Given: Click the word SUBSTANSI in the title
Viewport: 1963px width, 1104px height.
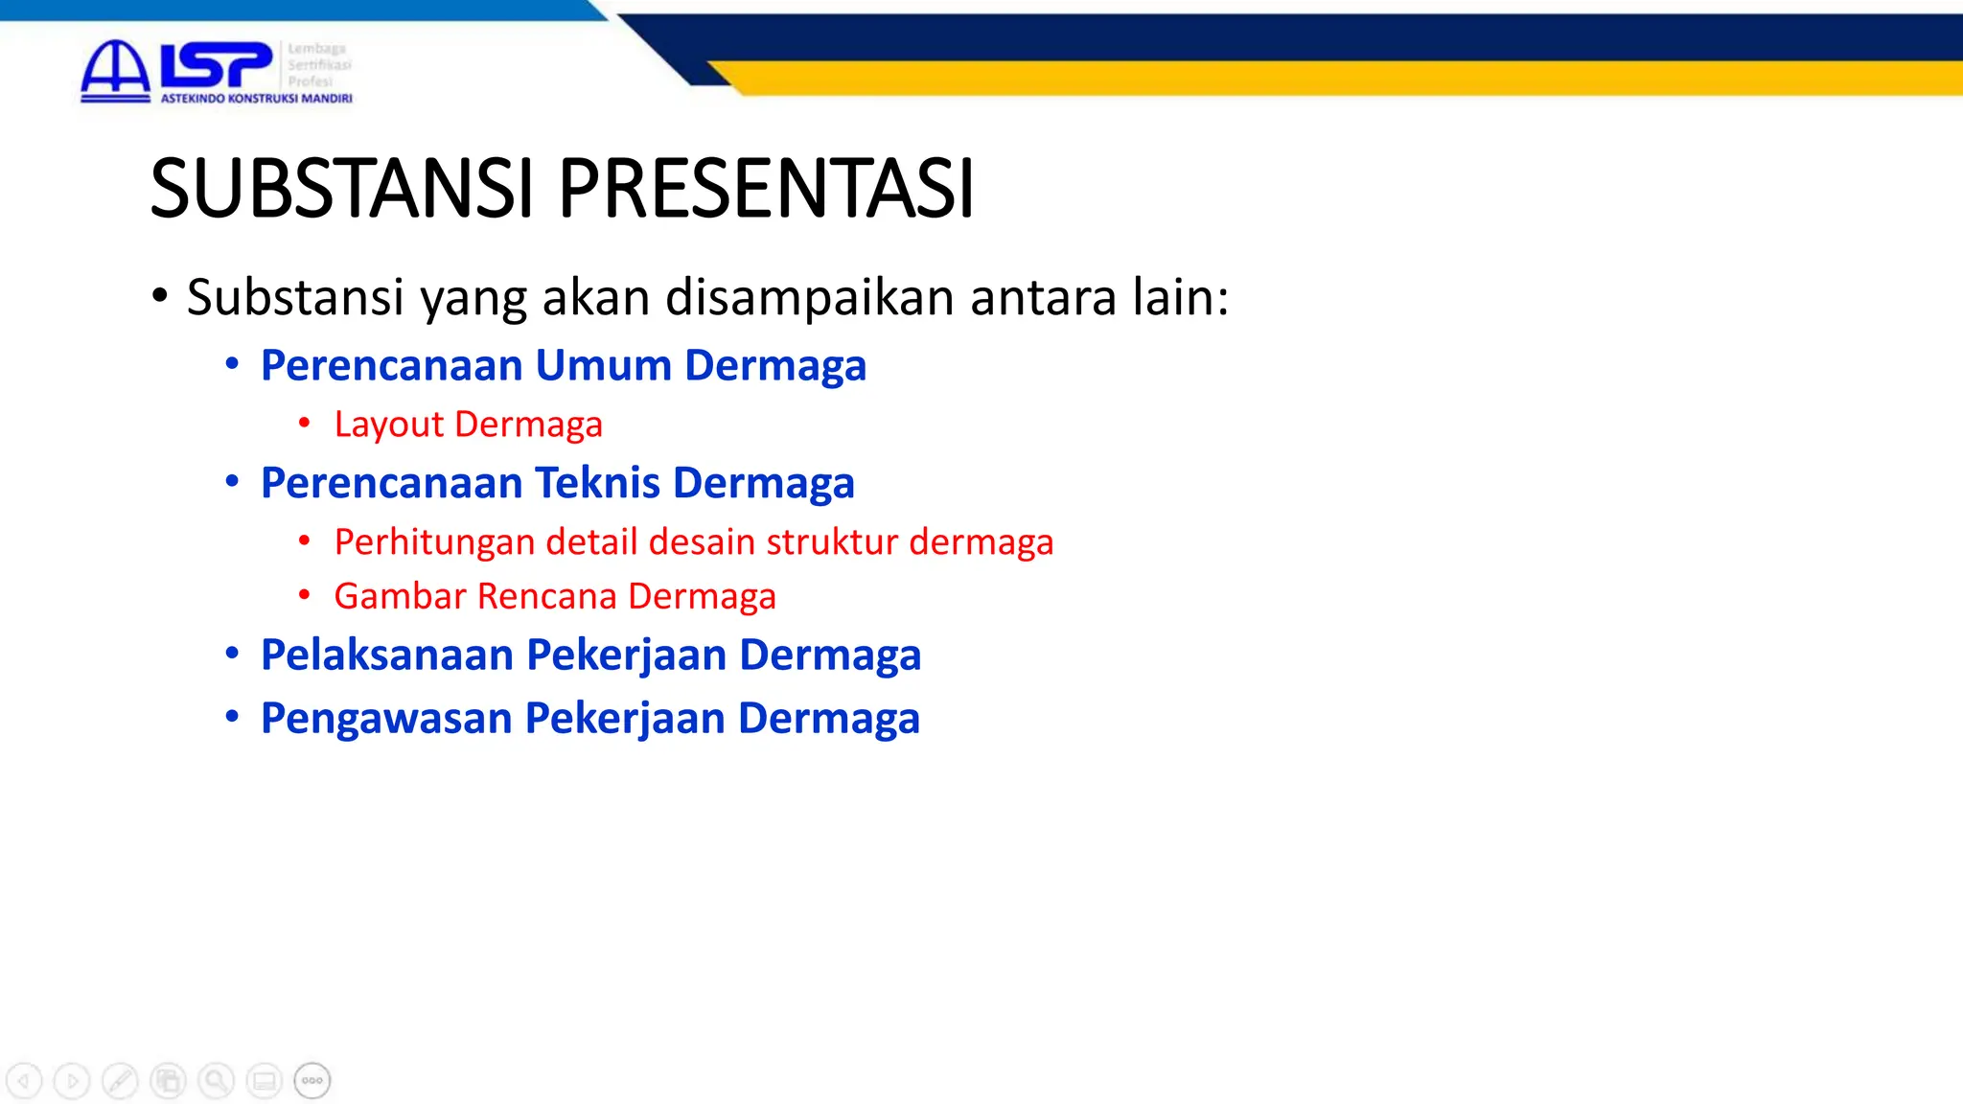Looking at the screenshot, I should [340, 189].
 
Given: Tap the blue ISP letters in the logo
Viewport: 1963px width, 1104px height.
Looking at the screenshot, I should [215, 65].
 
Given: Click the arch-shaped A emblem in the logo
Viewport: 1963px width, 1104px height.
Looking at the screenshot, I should [115, 69].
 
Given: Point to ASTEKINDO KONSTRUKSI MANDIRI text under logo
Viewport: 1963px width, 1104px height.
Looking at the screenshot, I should [256, 99].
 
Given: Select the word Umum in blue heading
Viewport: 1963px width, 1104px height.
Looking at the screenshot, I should [603, 365].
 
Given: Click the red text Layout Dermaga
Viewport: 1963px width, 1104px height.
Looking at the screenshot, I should [468, 424].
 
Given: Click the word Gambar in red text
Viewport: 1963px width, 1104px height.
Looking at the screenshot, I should [400, 596].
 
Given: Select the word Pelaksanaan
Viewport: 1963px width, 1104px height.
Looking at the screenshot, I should [387, 655].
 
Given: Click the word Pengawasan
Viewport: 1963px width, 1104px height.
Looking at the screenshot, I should [386, 718].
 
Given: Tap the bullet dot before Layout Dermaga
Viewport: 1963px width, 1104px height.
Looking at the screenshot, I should [304, 422].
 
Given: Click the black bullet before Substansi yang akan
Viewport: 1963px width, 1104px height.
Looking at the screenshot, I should [159, 295].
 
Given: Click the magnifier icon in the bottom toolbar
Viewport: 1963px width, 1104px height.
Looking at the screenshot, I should [217, 1081].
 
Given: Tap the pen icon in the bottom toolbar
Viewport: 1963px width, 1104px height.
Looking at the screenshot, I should [120, 1081].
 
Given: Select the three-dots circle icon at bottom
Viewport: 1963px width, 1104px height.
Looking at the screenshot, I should [312, 1081].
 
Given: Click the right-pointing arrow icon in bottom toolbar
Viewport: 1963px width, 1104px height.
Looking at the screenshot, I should [72, 1081].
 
